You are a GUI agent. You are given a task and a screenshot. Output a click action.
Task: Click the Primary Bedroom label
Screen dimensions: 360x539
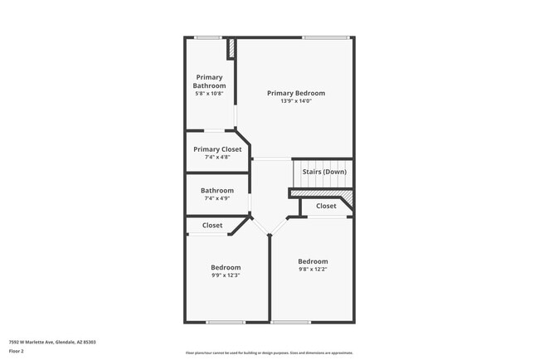click(296, 93)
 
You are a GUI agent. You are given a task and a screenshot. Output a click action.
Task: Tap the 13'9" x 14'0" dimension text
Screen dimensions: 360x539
click(296, 101)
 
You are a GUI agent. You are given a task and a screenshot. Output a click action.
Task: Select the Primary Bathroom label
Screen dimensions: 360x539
click(209, 81)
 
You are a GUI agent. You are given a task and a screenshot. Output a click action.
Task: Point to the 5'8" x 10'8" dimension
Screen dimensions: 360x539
click(209, 94)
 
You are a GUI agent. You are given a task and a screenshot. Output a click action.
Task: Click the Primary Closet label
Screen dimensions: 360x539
click(217, 149)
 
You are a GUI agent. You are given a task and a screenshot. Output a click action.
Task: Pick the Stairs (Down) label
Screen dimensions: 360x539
click(324, 172)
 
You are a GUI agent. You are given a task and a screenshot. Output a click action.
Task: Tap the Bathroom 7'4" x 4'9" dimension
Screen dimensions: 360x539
click(217, 198)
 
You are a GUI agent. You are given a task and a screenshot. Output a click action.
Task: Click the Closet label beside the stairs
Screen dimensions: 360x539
click(326, 206)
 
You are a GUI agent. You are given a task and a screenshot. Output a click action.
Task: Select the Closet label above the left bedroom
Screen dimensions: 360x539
click(212, 226)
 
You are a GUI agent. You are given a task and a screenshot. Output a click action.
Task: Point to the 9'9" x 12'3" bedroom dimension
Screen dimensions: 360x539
click(226, 275)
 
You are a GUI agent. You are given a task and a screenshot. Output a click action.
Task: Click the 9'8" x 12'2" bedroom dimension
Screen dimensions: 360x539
click(313, 270)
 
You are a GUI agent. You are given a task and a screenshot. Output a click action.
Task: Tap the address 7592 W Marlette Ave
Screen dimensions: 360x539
click(52, 342)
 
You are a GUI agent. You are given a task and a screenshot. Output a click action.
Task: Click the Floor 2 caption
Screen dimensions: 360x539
click(17, 351)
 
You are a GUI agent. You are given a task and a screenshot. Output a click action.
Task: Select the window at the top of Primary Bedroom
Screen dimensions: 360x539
click(325, 37)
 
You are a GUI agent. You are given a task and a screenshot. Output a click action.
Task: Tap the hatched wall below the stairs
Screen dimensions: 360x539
click(322, 194)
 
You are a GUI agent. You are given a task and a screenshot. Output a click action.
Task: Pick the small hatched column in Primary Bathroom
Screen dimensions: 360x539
click(231, 48)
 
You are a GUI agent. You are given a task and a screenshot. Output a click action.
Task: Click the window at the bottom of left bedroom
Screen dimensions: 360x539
click(225, 322)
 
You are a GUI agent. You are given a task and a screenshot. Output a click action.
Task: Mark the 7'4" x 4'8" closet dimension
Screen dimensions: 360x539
click(217, 158)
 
